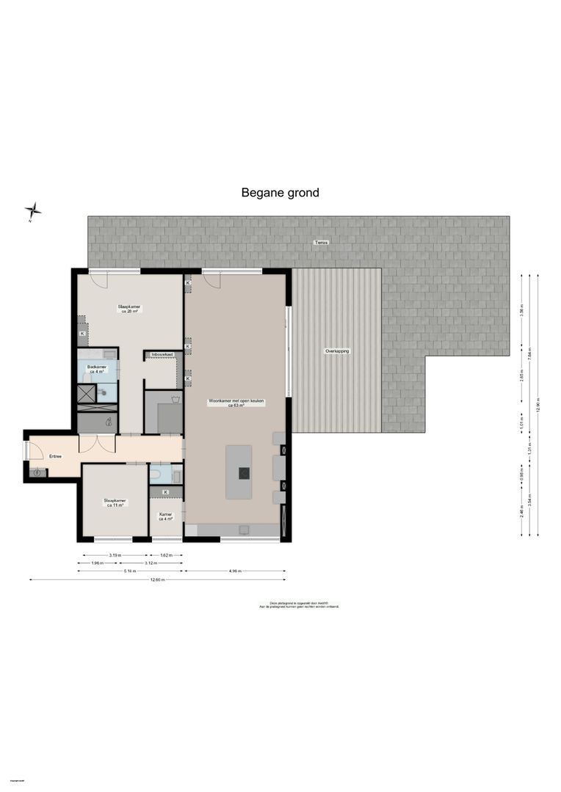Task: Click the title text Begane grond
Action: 280,193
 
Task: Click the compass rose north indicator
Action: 32,211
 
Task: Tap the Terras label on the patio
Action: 318,242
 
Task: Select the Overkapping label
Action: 337,351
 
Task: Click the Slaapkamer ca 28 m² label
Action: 129,309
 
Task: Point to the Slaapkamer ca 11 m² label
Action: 115,503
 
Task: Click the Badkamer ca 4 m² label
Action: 97,369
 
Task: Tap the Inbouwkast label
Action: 162,355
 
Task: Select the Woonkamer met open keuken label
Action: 236,403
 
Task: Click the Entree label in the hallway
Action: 55,456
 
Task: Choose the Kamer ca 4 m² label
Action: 166,516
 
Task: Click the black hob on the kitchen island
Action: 242,473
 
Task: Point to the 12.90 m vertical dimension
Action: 538,406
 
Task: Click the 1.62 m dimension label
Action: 166,555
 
